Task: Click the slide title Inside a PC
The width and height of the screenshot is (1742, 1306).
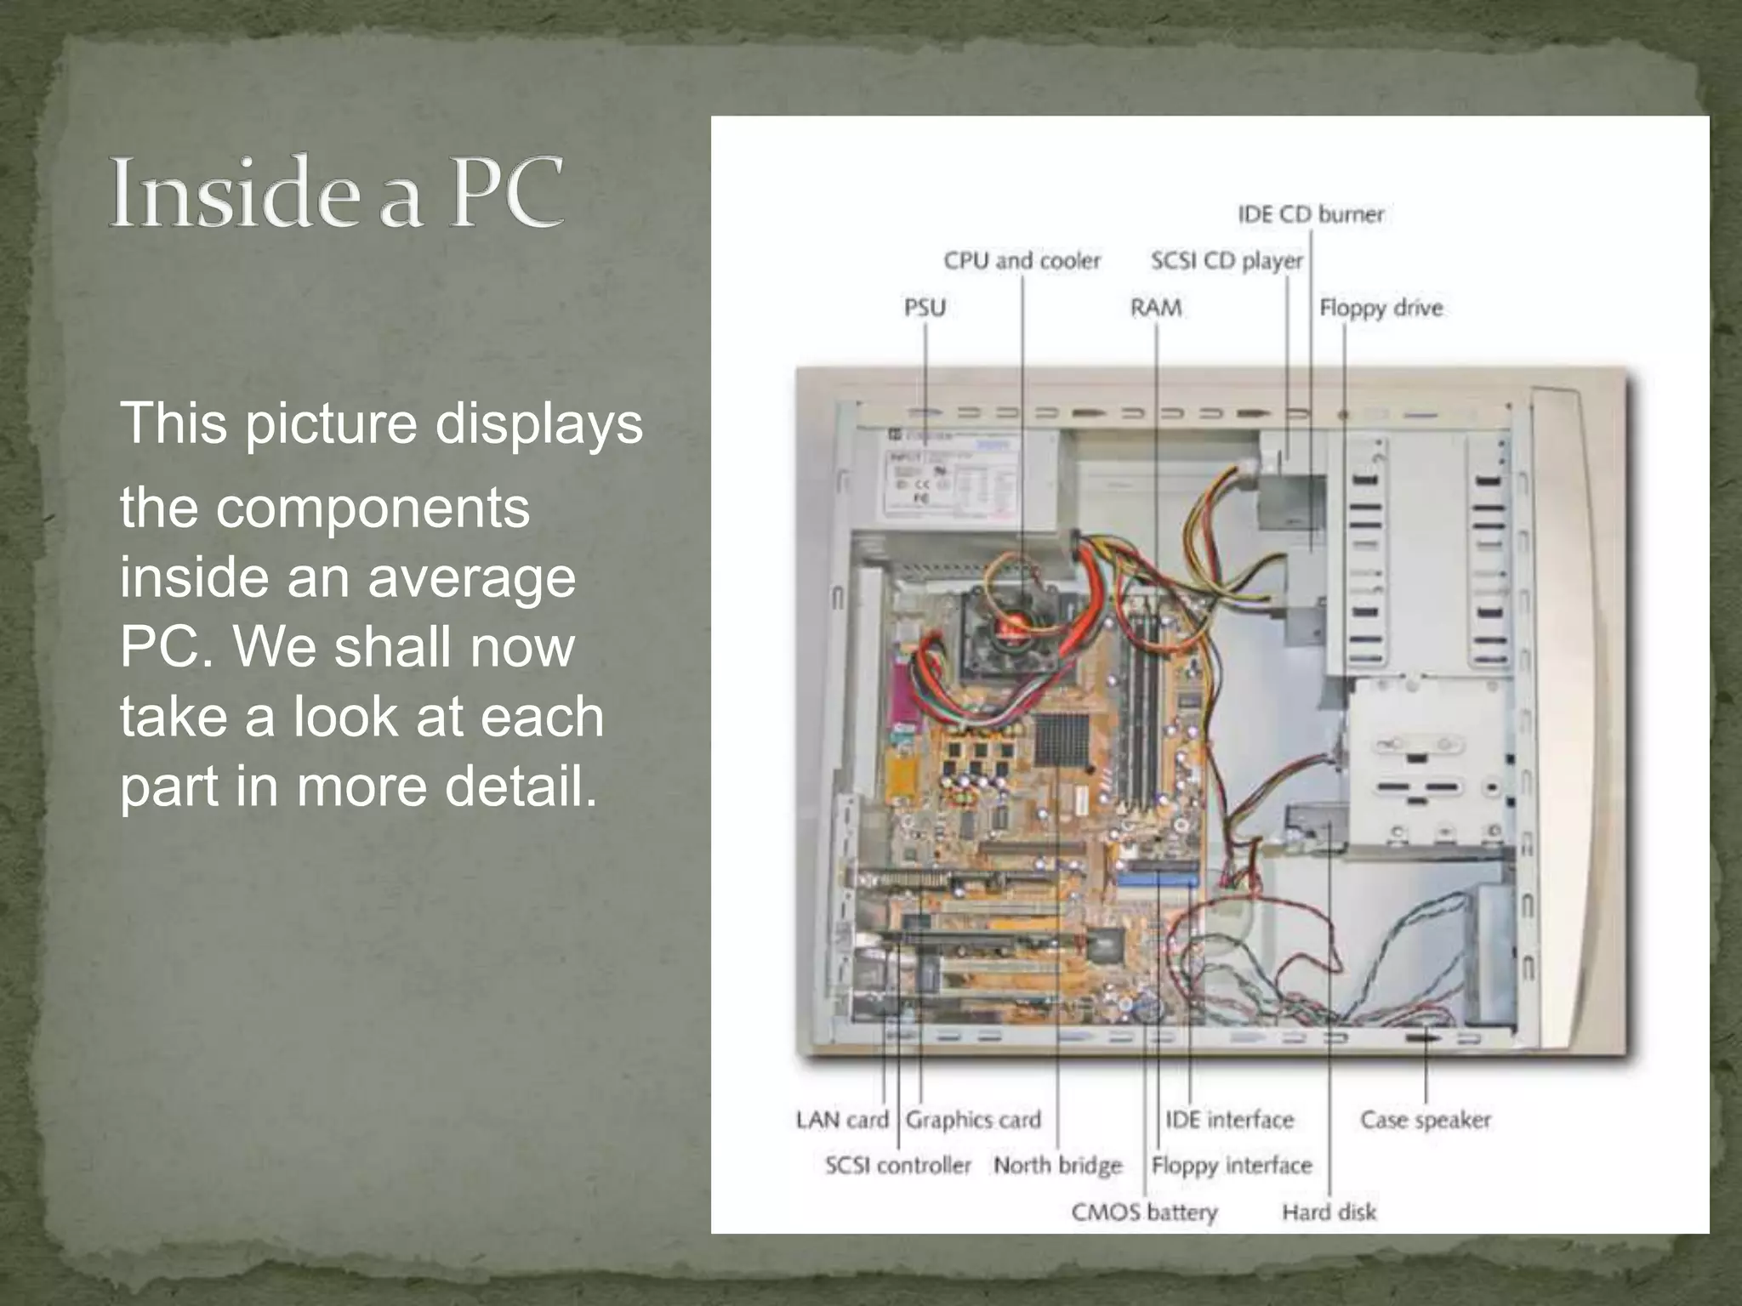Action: (337, 191)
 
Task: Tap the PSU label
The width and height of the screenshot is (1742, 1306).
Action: (925, 307)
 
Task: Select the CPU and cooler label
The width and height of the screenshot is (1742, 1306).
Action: (1022, 260)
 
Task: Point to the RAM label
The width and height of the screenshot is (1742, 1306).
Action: (1155, 307)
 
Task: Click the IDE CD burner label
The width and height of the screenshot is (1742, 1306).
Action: (1311, 214)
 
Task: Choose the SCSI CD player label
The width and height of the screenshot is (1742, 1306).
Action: (1226, 260)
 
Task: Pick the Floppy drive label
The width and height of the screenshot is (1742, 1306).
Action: (1381, 307)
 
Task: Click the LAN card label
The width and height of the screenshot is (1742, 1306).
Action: (841, 1120)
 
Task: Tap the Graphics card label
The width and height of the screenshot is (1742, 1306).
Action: (973, 1120)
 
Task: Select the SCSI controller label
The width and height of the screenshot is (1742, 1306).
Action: (897, 1165)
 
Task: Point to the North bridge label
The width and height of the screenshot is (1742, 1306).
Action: (1057, 1165)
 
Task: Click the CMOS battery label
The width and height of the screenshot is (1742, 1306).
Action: (1144, 1212)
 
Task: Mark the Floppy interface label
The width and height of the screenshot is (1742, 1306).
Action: (1232, 1165)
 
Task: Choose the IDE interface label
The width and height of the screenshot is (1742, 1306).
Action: (1229, 1120)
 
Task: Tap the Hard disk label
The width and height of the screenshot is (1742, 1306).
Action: (1329, 1212)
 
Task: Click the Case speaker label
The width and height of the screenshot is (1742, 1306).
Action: (1426, 1120)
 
